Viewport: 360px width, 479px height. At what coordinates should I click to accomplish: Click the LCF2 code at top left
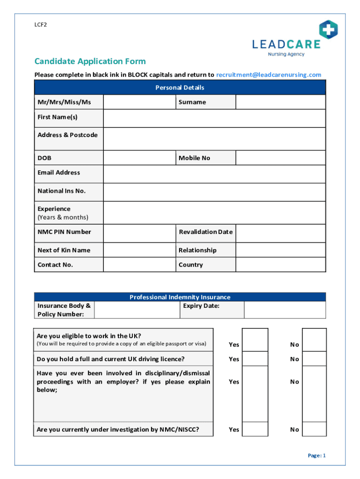coord(40,25)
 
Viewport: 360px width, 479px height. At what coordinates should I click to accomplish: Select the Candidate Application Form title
coord(90,61)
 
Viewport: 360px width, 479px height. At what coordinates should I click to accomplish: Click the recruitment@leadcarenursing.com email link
coord(268,75)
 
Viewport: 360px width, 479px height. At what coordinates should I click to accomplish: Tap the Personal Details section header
coord(180,87)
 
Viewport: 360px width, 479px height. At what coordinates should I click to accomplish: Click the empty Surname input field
coord(280,102)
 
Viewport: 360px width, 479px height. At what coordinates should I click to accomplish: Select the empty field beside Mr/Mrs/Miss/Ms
coord(139,102)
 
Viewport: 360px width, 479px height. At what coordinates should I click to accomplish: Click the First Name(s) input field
coord(214,118)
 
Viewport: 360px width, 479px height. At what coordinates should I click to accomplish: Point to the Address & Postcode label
coord(67,135)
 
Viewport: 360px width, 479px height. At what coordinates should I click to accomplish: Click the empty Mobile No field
coord(280,158)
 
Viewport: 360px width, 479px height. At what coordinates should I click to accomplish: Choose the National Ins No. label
coord(61,191)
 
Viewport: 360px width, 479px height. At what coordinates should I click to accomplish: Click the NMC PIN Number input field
coord(139,232)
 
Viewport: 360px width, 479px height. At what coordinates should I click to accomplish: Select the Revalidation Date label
coord(205,232)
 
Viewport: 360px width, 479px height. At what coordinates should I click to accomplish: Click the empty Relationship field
coord(280,250)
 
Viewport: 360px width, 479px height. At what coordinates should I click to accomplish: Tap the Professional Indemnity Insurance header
coord(180,297)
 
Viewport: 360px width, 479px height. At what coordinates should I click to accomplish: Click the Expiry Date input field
coord(285,310)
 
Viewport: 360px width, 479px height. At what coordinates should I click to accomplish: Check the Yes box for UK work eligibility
coord(255,340)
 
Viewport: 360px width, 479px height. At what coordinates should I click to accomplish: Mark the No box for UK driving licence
coord(314,359)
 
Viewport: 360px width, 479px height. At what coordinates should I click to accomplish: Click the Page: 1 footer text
coord(316,456)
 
